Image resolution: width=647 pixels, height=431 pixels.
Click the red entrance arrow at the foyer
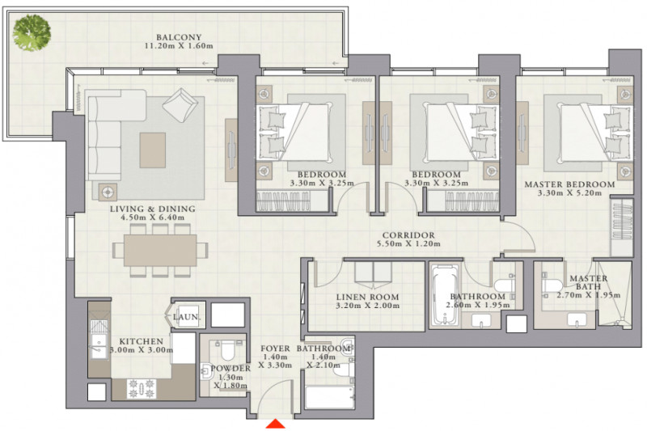click(275, 424)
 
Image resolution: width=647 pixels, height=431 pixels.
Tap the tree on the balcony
click(32, 32)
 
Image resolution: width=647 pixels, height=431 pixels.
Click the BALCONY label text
click(179, 37)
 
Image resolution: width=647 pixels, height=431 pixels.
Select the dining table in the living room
click(160, 251)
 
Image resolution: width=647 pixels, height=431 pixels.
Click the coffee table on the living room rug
click(153, 150)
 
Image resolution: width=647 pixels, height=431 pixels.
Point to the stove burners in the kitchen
click(142, 388)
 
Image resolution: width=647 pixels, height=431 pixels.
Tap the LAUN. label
click(187, 317)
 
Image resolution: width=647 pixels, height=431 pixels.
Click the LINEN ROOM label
click(368, 297)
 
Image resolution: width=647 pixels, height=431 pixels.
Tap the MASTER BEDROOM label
click(569, 184)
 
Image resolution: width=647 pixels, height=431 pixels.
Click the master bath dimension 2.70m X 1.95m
click(589, 295)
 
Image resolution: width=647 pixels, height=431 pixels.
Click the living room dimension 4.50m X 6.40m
click(153, 218)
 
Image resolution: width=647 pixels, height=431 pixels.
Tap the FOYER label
click(275, 349)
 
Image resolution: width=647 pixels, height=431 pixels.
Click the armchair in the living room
click(180, 105)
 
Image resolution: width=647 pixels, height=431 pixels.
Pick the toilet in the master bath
click(552, 285)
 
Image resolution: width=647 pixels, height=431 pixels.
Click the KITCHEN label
click(141, 341)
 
